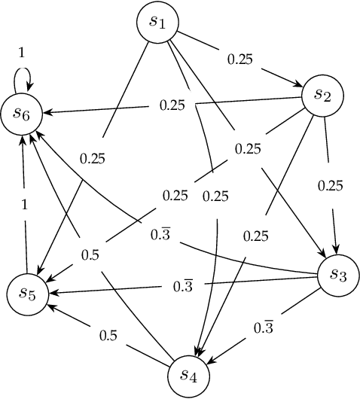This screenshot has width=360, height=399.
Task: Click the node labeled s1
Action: pyautogui.click(x=157, y=23)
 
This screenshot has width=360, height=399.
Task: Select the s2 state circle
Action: pyautogui.click(x=323, y=95)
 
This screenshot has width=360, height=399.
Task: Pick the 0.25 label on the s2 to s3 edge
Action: pyautogui.click(x=330, y=184)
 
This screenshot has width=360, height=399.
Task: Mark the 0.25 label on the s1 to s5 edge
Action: pyautogui.click(x=93, y=158)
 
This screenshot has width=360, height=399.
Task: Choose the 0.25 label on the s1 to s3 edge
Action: pyautogui.click(x=247, y=148)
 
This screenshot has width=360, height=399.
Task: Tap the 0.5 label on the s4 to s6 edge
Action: pyautogui.click(x=90, y=254)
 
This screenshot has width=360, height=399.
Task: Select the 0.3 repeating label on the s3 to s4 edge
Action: pyautogui.click(x=264, y=327)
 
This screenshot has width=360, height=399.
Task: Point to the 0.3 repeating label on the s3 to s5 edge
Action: pyautogui.click(x=182, y=286)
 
